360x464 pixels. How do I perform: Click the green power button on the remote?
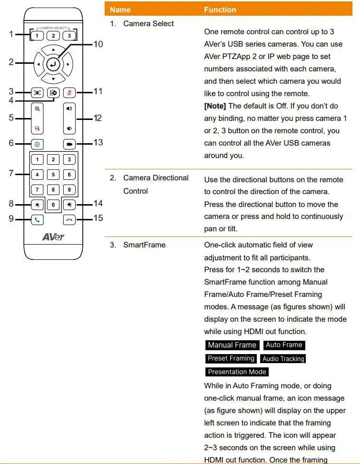click(x=37, y=143)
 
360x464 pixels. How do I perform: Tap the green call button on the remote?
click(x=37, y=219)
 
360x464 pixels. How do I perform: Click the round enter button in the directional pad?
click(x=53, y=63)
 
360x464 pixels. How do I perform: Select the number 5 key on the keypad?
click(x=53, y=175)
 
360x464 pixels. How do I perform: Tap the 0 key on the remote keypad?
click(x=53, y=205)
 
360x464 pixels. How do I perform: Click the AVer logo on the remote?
click(x=53, y=237)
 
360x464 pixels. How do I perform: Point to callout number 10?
click(x=97, y=44)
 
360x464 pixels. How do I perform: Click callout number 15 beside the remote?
click(x=97, y=219)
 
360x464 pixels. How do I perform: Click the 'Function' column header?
click(x=220, y=10)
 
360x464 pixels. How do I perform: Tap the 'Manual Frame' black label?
click(x=232, y=345)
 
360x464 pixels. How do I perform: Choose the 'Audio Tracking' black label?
click(x=283, y=359)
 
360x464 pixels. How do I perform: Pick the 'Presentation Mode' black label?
click(x=237, y=372)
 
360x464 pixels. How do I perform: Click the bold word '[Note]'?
click(x=215, y=106)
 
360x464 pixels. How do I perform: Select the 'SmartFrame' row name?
click(x=144, y=245)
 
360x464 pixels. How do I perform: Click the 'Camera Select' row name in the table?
click(x=148, y=23)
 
